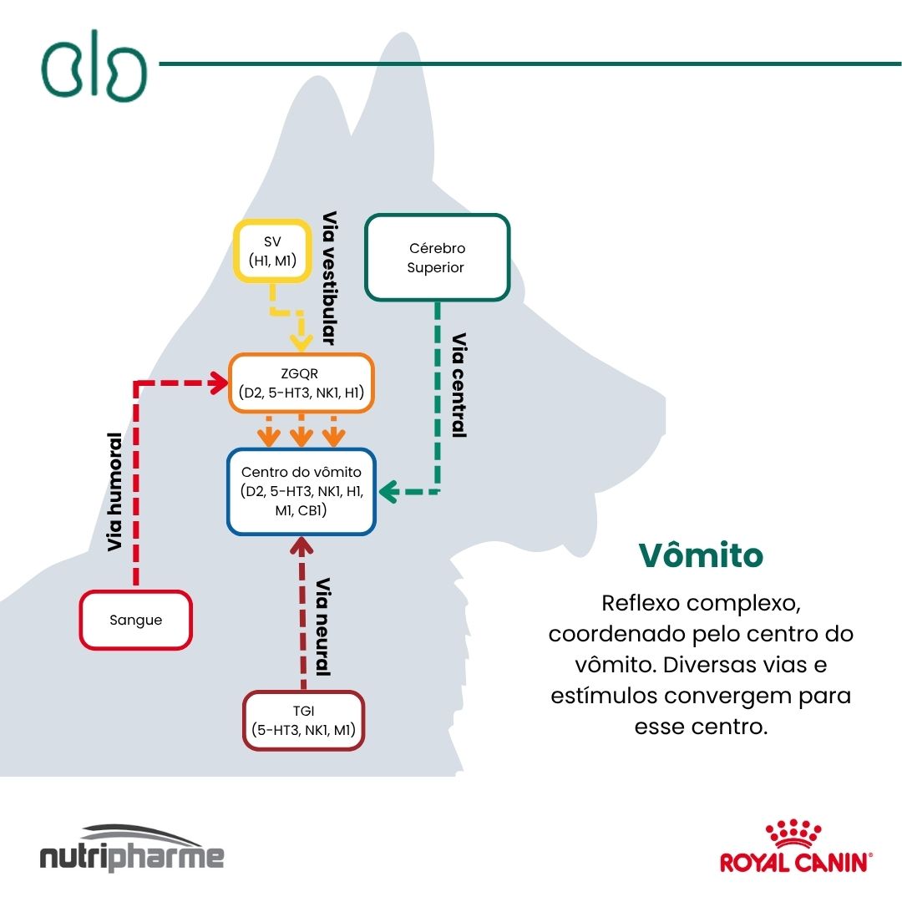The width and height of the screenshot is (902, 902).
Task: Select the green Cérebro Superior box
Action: click(x=437, y=257)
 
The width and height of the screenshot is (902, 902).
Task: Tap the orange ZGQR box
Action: click(x=302, y=383)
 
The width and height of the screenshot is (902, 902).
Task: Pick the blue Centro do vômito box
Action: click(x=302, y=492)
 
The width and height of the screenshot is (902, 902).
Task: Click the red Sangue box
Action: click(x=136, y=620)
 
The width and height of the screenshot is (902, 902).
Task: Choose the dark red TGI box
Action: click(x=303, y=720)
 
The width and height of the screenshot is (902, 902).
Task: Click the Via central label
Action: click(x=459, y=385)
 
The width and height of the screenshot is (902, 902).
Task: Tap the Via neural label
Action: click(x=323, y=626)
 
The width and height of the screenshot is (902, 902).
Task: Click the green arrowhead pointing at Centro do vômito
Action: click(x=388, y=492)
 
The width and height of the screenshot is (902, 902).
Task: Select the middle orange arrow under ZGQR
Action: click(x=302, y=433)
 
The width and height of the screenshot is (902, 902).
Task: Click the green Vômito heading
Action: click(x=701, y=555)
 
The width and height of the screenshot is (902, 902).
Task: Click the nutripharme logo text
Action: click(x=132, y=858)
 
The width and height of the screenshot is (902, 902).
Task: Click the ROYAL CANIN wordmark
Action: click(x=793, y=862)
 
